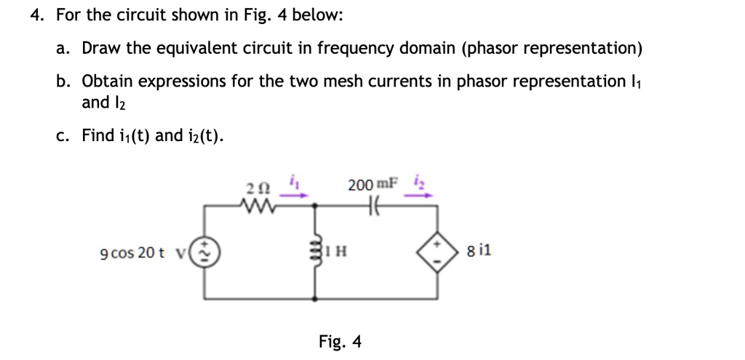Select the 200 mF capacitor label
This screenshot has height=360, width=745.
pos(372,185)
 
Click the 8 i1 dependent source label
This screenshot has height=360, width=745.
pos(480,252)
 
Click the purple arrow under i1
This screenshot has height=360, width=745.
pos(298,194)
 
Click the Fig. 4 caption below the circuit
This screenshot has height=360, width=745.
pos(340,341)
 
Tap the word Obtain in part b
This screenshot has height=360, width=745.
pos(109,81)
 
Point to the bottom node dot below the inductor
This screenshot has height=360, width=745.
pos(315,297)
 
